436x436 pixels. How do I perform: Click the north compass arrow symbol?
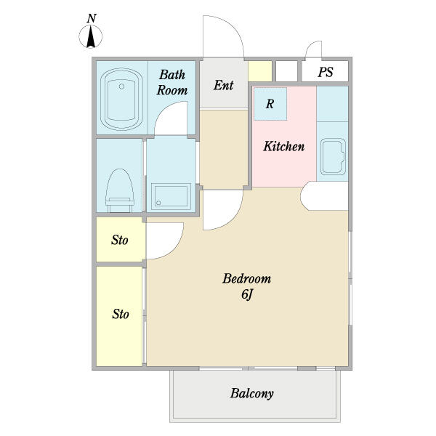91,37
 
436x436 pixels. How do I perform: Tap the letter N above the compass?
92,18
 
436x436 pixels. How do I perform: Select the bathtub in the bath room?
121,100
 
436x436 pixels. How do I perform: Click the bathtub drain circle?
121,86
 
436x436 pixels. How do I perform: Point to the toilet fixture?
120,190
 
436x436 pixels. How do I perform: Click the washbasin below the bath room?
171,197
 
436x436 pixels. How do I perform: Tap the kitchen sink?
333,156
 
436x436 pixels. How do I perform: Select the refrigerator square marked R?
270,104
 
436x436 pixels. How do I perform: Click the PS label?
326,72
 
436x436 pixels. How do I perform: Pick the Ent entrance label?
223,85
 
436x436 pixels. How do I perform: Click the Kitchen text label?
284,146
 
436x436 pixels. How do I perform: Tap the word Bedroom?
246,278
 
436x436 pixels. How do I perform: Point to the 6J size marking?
246,294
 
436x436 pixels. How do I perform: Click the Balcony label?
252,393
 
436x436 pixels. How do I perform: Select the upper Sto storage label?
120,240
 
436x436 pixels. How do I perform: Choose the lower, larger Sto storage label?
121,314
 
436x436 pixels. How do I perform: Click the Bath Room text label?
172,83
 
